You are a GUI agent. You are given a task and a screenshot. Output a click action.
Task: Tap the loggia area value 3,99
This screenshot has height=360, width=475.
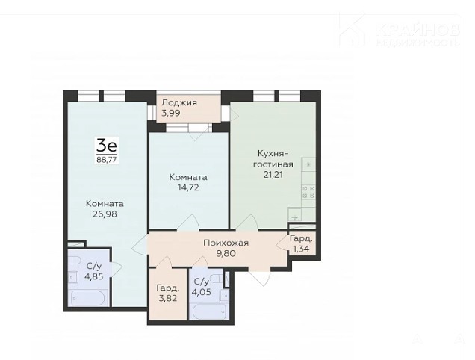point(171,113)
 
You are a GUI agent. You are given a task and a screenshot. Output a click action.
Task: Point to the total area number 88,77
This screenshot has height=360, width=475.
point(107,160)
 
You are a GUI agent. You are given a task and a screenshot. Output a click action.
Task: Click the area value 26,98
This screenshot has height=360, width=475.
point(105,214)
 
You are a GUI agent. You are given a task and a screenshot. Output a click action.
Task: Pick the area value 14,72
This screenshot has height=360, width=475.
point(188,187)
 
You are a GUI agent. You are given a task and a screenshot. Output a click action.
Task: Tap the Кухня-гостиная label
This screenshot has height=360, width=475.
point(273,158)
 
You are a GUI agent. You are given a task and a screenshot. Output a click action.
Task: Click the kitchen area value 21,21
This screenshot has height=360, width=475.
point(273,175)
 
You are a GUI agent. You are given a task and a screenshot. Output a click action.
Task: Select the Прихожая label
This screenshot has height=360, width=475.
point(226,243)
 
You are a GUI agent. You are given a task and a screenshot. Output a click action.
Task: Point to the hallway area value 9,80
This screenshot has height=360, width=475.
point(226,253)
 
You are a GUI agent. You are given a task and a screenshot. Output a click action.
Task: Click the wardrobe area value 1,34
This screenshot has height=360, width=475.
point(301,249)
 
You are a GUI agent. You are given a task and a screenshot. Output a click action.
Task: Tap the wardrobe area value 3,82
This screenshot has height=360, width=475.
point(167,298)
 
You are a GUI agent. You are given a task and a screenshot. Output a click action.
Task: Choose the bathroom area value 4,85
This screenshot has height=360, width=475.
point(94,276)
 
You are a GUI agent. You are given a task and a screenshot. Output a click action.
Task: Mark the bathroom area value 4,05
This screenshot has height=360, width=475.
point(202,293)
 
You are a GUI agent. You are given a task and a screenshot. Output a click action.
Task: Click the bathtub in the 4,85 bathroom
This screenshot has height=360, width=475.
point(87,298)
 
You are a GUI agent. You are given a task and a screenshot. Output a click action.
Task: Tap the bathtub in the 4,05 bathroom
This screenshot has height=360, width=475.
point(209,311)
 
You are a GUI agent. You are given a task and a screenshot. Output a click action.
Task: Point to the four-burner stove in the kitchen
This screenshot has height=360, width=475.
point(308,193)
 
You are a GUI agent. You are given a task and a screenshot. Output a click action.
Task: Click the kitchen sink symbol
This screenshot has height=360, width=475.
point(294,215)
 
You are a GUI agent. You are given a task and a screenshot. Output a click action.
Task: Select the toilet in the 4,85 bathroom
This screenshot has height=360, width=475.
point(74,261)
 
